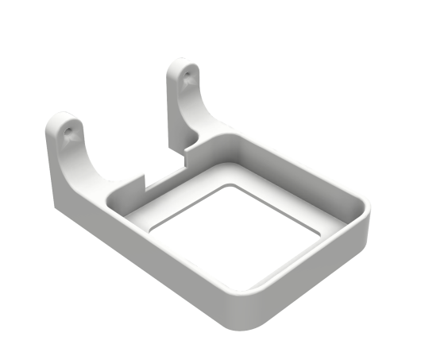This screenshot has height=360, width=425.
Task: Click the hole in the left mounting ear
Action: click(x=68, y=126)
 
